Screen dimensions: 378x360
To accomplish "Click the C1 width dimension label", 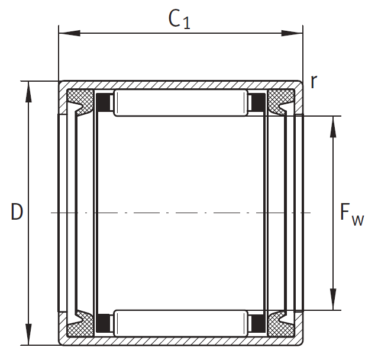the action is tap(179, 20).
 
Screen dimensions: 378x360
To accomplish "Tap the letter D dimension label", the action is tap(17, 211).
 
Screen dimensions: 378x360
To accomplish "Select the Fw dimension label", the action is tap(352, 214).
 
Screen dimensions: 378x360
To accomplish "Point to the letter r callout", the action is tap(314, 82).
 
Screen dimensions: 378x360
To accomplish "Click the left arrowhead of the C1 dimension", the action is tap(69, 33).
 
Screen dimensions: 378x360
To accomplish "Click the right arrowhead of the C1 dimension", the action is tap(292, 33).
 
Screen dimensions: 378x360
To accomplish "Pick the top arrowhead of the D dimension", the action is tap(28, 92).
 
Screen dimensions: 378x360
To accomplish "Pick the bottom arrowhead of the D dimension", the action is tap(28, 335).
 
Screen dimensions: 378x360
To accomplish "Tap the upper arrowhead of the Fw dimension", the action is tap(333, 127).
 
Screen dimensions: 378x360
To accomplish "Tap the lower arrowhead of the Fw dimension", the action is tap(333, 299).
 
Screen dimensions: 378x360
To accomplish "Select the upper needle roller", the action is tap(181, 103).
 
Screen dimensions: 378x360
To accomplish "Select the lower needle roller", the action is tap(181, 323).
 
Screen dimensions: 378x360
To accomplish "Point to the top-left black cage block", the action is tap(103, 102).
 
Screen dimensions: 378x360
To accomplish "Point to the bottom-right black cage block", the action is tap(259, 323).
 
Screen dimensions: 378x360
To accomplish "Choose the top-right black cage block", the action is tap(259, 102).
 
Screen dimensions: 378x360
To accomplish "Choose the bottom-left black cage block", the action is tap(103, 323).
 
